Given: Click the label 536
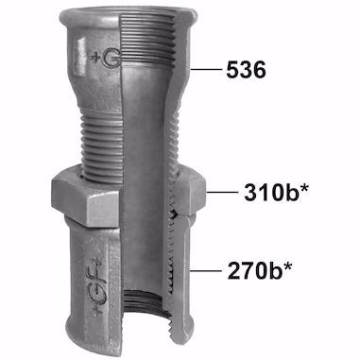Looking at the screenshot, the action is pyautogui.click(x=246, y=70).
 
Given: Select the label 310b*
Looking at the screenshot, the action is pyautogui.click(x=276, y=192).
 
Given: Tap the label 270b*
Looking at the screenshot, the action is pyautogui.click(x=259, y=270).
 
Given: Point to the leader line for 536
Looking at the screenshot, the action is pyautogui.click(x=206, y=69).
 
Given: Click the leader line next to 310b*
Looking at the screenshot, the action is pyautogui.click(x=222, y=192).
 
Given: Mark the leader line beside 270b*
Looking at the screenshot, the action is pyautogui.click(x=206, y=270).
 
